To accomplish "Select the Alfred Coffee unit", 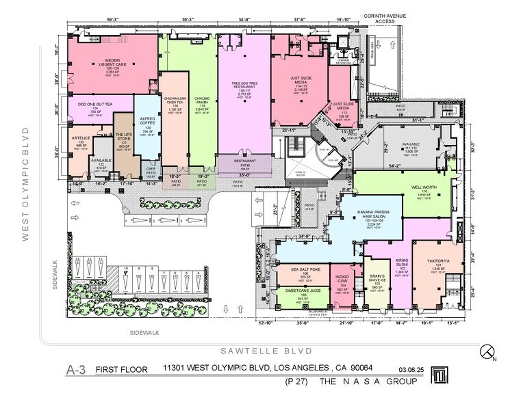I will coord(146,125).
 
